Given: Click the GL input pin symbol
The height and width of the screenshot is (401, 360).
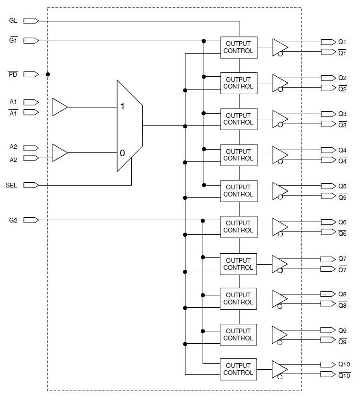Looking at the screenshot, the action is tap(31, 21).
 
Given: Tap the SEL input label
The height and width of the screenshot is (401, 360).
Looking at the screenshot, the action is tap(11, 185).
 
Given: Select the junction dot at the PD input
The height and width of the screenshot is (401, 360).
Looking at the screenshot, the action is tap(47, 74).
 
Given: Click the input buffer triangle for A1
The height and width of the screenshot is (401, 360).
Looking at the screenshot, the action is tap(60, 107).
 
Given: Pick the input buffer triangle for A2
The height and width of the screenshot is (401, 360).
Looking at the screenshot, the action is tap(60, 152).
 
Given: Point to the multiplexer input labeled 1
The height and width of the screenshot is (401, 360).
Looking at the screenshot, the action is tap(123, 107).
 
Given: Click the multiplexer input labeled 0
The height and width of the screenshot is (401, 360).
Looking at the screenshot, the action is tap(122, 153).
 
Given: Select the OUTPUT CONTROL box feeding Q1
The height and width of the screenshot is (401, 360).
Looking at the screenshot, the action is tap(239, 47).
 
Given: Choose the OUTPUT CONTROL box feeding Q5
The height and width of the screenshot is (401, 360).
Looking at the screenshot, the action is tap(239, 191).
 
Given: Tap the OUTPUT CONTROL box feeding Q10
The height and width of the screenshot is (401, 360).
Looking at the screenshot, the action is tap(238, 369).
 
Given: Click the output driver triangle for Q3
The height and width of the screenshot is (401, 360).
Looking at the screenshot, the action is tap(280, 119).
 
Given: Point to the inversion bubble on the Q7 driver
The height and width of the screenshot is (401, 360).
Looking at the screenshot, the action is tap(280, 270).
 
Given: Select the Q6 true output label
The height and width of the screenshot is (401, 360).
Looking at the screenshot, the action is tap(342, 222).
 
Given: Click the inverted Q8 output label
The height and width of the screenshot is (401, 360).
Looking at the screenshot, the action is tap(342, 305).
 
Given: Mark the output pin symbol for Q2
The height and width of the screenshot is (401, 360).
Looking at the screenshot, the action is tap(329, 78).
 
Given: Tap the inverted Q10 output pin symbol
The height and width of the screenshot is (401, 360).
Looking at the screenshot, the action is tap(328, 374).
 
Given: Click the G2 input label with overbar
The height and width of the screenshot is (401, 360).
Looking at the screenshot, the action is tap(13, 220).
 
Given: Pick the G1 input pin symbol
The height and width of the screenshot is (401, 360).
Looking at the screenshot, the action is tap(31, 41).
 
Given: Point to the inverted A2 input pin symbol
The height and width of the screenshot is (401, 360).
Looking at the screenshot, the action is tap(31, 158).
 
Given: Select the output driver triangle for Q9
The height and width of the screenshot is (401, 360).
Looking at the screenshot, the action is tap(280, 335).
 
